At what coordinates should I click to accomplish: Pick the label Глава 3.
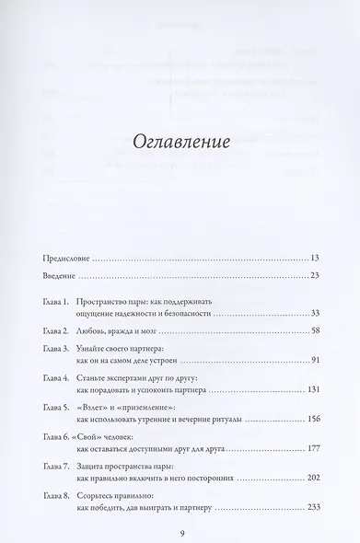pos(57,350)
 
